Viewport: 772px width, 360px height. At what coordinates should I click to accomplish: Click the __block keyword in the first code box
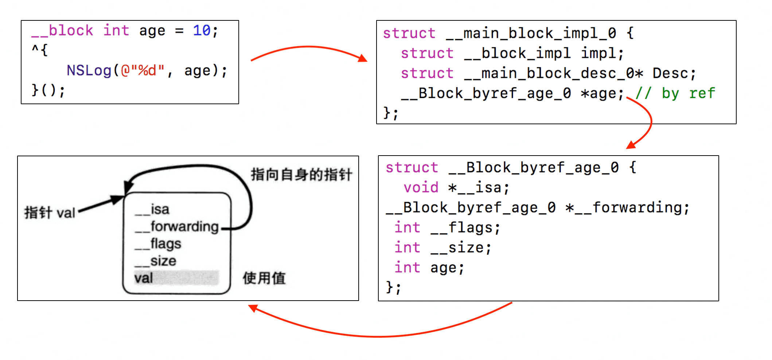click(x=62, y=31)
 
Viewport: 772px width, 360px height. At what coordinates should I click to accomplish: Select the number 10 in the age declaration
click(x=202, y=31)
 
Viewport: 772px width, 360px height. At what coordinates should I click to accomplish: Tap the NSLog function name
click(x=89, y=70)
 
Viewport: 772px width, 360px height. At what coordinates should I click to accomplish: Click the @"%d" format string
click(x=143, y=70)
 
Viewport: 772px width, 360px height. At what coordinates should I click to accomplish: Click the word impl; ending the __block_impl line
click(x=602, y=53)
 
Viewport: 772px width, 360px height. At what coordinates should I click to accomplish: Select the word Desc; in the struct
click(x=674, y=73)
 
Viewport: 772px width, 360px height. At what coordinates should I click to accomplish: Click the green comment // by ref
click(x=675, y=93)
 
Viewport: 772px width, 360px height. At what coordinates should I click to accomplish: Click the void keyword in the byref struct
click(x=421, y=188)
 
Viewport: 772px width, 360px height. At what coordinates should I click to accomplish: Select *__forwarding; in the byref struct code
click(x=627, y=208)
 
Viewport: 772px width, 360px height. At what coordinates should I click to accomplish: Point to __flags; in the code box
click(x=465, y=228)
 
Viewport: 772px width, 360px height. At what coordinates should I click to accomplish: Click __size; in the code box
click(x=461, y=248)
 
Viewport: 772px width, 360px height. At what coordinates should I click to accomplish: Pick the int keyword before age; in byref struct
click(x=408, y=268)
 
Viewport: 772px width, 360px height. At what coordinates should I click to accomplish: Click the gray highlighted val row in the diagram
click(x=176, y=278)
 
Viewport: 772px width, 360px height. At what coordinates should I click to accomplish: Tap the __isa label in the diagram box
click(x=152, y=210)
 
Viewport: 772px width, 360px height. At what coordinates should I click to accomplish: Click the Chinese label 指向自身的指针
click(x=301, y=175)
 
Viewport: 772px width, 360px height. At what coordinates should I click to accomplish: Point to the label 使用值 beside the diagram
click(x=264, y=278)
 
